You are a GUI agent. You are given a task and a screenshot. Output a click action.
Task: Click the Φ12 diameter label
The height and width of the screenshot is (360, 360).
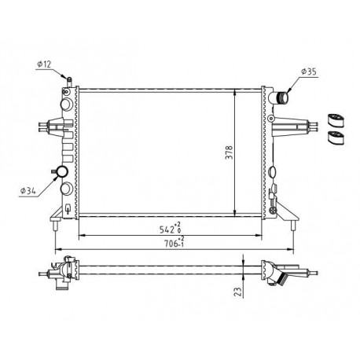pyautogui.click(x=44, y=64)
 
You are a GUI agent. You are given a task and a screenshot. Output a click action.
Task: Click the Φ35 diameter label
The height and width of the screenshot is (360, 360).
pyautogui.click(x=309, y=72)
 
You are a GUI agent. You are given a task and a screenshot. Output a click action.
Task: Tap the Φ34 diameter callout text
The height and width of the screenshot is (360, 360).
pyautogui.click(x=28, y=191)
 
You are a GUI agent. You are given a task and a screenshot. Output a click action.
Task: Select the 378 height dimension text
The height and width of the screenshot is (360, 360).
pyautogui.click(x=229, y=152)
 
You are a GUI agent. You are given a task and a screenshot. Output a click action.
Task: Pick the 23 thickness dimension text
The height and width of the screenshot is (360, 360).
pyautogui.click(x=237, y=292)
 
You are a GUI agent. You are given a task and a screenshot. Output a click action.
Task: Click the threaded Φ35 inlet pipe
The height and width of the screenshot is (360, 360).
pyautogui.click(x=283, y=98)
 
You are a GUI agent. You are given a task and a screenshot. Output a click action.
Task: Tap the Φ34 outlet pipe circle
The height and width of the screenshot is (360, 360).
pyautogui.click(x=62, y=171)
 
